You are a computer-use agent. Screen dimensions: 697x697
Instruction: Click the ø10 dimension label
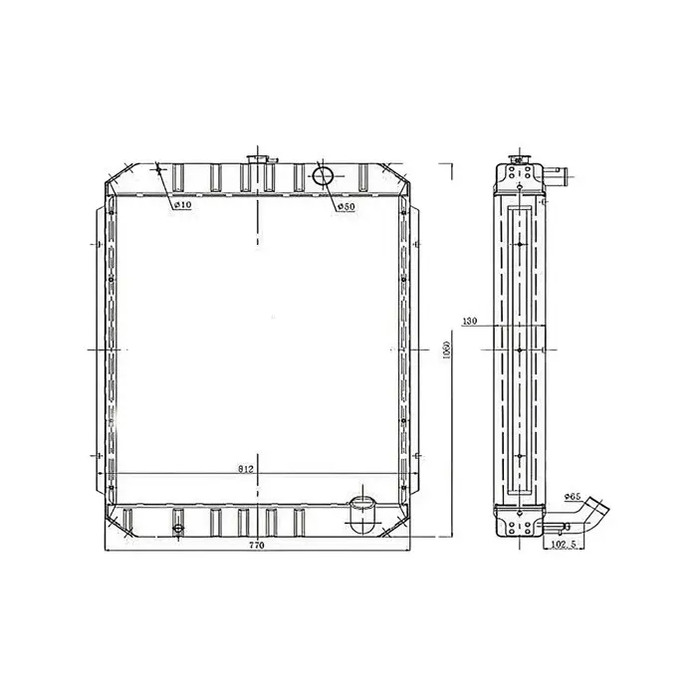coord(181,206)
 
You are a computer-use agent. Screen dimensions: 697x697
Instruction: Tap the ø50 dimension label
coord(345,206)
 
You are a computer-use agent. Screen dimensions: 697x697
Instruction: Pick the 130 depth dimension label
coord(471,322)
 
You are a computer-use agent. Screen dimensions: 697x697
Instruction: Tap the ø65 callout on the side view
coord(572,495)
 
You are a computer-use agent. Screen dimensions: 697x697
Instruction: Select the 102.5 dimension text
coord(563,546)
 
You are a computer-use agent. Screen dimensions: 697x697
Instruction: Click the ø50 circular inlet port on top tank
coord(324,177)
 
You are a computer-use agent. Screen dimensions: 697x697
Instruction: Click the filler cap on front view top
coord(257,160)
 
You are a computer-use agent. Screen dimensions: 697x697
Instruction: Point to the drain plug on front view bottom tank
coord(178,529)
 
